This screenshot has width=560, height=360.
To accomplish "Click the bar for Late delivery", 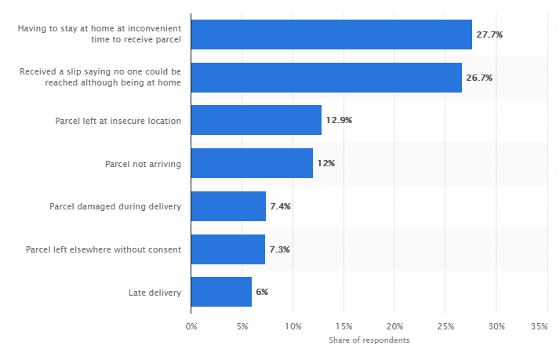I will click(221, 292).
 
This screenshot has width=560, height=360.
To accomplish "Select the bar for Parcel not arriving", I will click(252, 163).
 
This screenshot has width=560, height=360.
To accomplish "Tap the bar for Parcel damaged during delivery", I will click(228, 206).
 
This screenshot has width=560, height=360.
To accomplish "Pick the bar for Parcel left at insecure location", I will click(256, 120).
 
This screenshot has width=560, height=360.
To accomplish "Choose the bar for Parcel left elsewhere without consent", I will click(227, 249).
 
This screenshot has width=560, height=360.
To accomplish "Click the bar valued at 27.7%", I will click(331, 35).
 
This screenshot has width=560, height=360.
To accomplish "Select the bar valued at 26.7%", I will click(326, 78).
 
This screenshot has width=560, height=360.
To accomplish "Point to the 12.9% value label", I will click(339, 120).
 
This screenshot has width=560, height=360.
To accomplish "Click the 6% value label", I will click(261, 292).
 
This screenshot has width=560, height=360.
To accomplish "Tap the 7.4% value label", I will click(280, 206).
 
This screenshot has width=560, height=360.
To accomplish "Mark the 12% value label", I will click(326, 163).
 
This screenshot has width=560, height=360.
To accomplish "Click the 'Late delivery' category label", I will click(155, 293).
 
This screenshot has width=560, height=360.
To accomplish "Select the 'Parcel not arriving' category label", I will click(143, 164).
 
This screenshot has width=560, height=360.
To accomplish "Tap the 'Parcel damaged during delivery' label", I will click(115, 207).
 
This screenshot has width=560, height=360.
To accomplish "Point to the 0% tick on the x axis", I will click(191, 325).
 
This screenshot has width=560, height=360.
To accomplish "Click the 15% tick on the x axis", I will click(343, 325).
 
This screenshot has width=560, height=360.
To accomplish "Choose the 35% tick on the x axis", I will click(539, 325).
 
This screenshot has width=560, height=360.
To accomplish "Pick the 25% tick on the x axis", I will click(445, 325).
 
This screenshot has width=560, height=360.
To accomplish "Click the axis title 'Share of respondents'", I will click(369, 340).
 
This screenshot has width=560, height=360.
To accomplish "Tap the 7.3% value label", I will click(279, 249).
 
